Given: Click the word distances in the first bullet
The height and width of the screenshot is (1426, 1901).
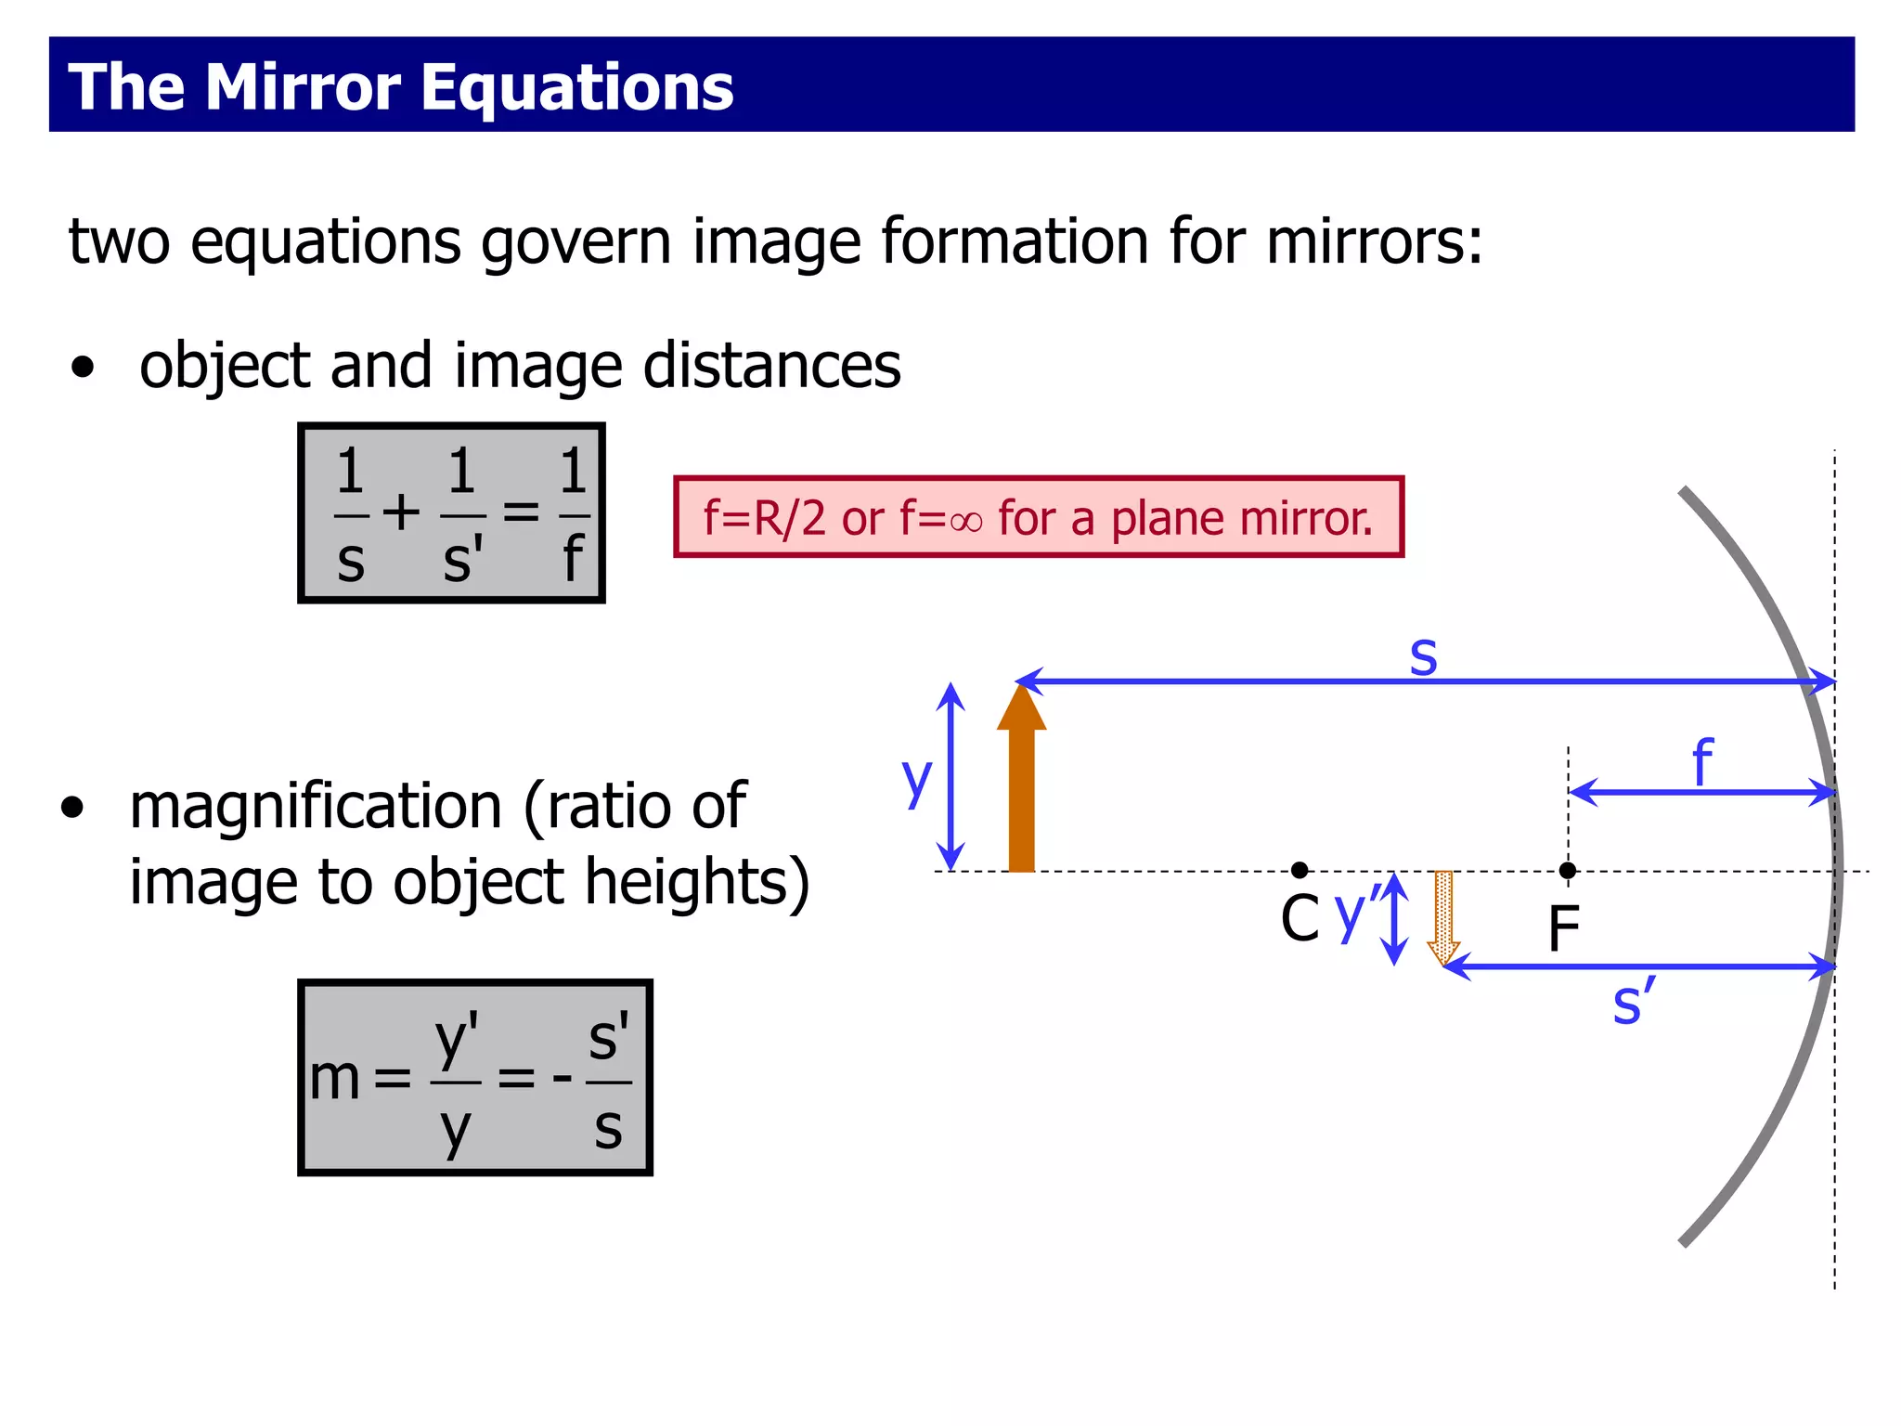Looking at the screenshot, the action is click(x=771, y=366).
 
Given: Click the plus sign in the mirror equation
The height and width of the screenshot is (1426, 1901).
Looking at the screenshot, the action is click(x=401, y=512).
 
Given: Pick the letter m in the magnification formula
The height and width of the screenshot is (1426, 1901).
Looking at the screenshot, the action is click(x=334, y=1080).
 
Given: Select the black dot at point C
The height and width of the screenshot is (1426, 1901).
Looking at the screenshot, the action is click(x=1300, y=870).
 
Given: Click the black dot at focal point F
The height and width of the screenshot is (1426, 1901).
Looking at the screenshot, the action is click(x=1568, y=870).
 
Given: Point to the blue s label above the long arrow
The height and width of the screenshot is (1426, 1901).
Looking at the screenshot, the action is click(x=1423, y=655).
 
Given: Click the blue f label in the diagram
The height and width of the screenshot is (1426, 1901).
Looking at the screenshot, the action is click(x=1701, y=761).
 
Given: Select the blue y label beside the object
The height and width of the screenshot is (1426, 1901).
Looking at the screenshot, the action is click(x=916, y=780).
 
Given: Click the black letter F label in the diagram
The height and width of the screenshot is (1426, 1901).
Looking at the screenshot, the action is click(x=1564, y=928).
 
